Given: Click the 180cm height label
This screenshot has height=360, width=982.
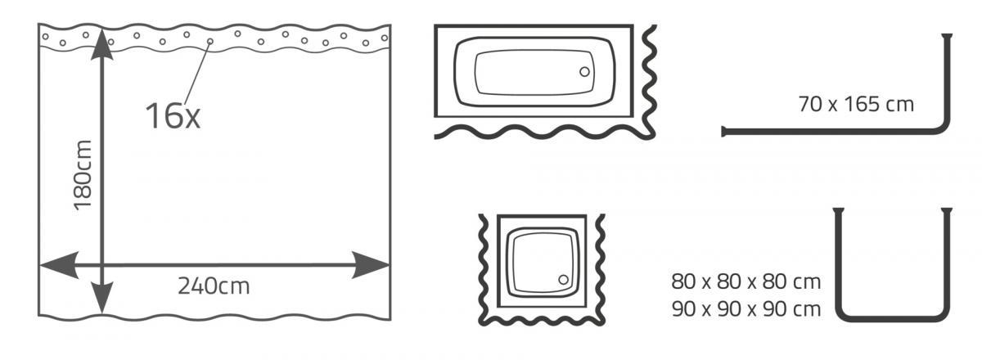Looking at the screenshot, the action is pos(83,175).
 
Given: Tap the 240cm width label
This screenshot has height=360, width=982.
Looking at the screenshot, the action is pos(214,286).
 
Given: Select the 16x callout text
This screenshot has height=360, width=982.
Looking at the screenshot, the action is pos(173,115).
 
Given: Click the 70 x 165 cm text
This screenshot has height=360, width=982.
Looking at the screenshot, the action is pos(856,105).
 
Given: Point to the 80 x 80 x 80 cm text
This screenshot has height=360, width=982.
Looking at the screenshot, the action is pos(746,281).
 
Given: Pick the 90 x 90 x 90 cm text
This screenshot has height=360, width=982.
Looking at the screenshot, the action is pos(746,309).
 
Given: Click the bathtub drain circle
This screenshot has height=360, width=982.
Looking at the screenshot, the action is pos(584,71).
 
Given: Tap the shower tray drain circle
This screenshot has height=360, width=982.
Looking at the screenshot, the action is pos(563,279).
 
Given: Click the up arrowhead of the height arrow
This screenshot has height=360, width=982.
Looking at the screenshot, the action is pos(101,44).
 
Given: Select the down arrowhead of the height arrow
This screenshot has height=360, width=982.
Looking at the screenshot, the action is pos(101,298).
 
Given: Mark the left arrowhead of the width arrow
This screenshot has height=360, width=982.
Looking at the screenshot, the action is pos(59,265).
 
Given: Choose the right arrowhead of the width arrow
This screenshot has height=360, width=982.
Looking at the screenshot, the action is pos(371,265).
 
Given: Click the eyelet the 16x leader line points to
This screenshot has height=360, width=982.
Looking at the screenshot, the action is pos(210,41).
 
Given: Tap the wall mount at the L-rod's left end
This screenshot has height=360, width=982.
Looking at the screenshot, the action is pos(723,131).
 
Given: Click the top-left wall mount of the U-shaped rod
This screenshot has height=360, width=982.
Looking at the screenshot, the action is pos(838,210).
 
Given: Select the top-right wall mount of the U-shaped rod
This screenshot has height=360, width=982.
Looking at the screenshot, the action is pos(947,210).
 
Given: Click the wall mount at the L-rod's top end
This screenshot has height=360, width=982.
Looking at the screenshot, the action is pos(947,35).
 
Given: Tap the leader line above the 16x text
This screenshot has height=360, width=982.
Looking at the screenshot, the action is pos(198,73).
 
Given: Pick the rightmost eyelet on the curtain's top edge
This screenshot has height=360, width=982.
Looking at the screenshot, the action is pos(385,38).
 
